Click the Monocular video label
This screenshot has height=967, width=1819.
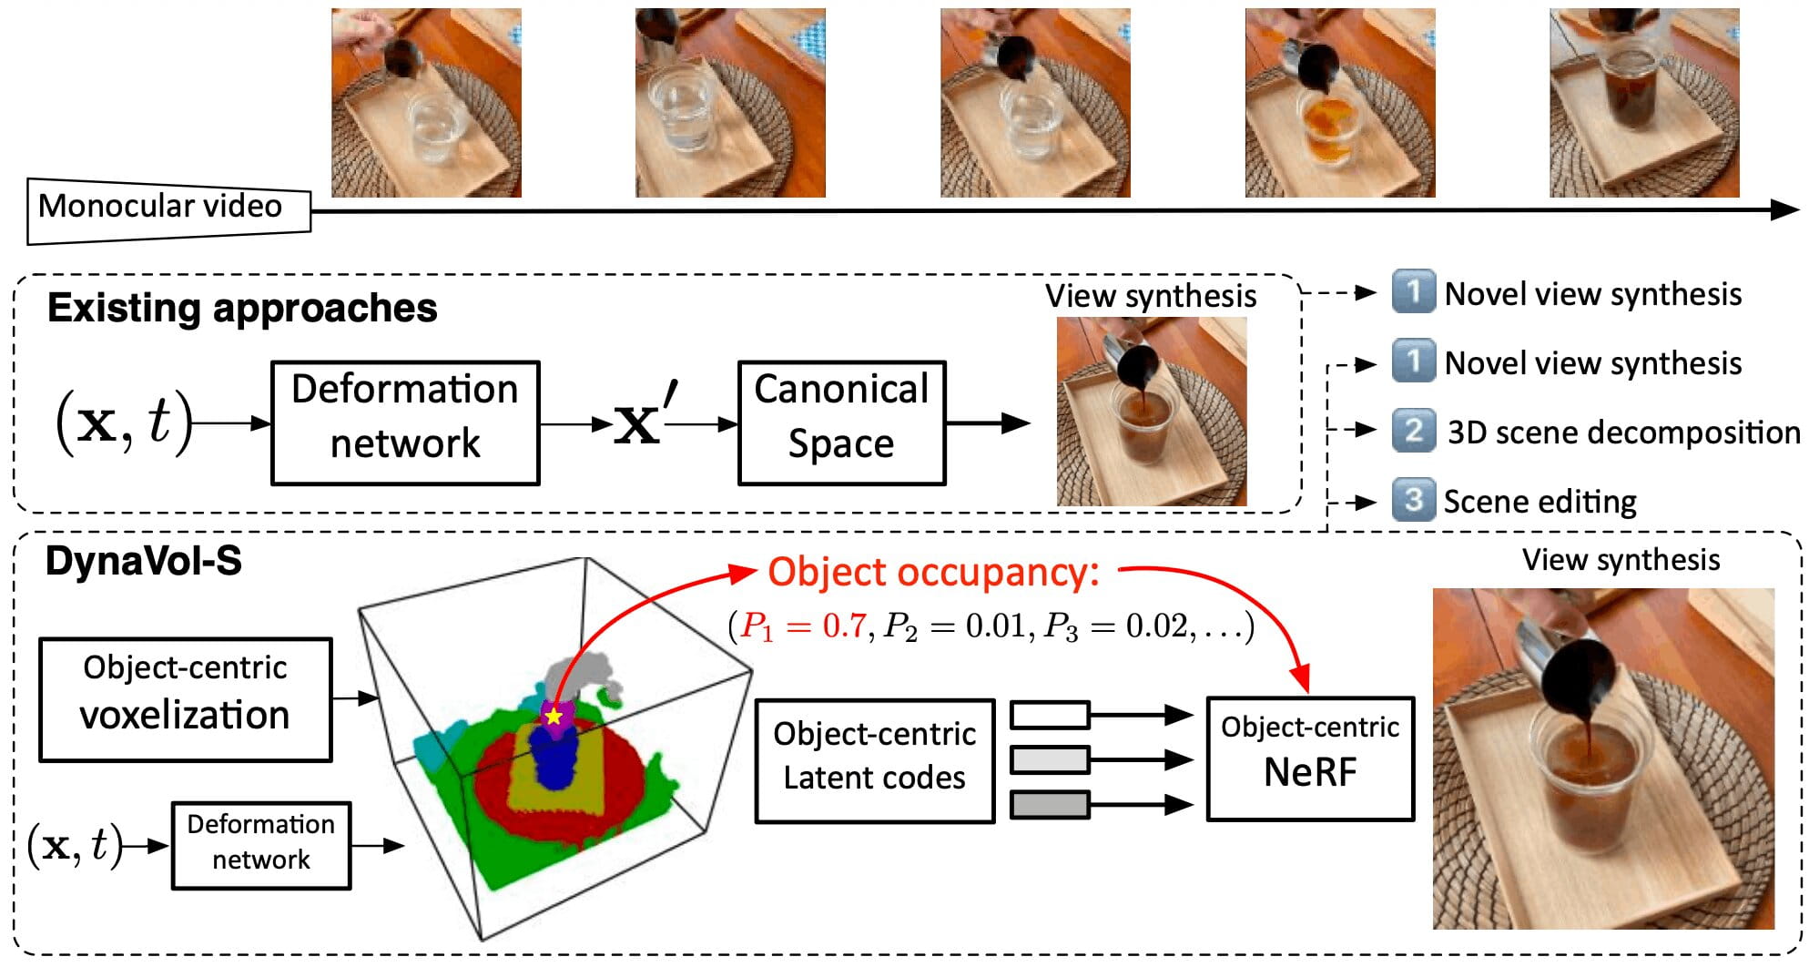click(x=160, y=207)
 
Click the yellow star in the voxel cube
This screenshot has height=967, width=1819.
click(x=554, y=716)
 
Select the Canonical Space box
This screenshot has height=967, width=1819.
click(x=841, y=422)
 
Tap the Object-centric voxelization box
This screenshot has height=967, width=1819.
click(x=185, y=699)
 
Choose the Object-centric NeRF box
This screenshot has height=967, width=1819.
click(x=1310, y=758)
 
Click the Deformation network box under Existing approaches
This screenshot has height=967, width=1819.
click(x=405, y=422)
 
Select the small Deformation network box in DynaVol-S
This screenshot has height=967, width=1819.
click(x=261, y=845)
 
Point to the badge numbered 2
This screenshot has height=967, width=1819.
click(x=1413, y=430)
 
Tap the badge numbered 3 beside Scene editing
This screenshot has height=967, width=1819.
click(x=1413, y=500)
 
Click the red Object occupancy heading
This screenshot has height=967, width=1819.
click(x=933, y=573)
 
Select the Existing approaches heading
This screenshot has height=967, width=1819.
click(x=242, y=309)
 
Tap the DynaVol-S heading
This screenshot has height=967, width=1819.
click(x=144, y=561)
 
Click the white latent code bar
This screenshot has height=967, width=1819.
click(x=1050, y=715)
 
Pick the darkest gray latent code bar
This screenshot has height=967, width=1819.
click(x=1050, y=805)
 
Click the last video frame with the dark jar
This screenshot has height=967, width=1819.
click(x=1644, y=103)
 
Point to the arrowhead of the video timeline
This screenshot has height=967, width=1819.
click(x=1786, y=210)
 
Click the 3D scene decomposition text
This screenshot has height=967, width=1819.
click(x=1623, y=432)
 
